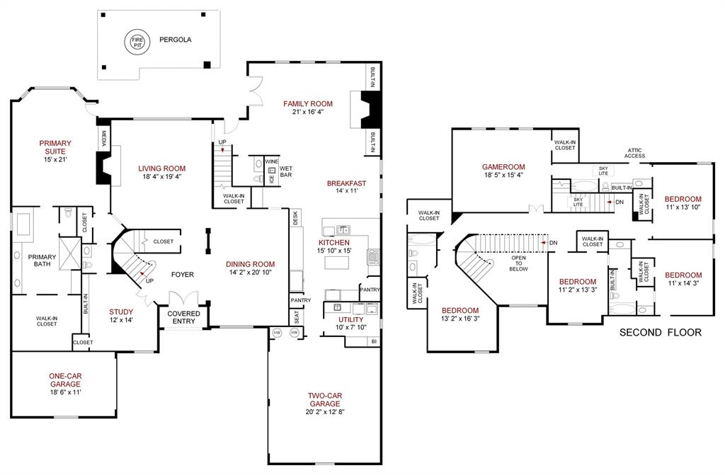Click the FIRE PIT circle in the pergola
pos(135,41)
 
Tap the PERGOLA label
pos(175,40)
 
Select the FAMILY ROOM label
pos(308,104)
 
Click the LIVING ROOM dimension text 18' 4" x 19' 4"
pos(162,177)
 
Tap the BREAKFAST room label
pos(346,183)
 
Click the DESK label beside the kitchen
pos(295,219)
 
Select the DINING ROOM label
pos(251,264)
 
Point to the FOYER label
pos(182,275)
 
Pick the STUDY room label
pos(121,311)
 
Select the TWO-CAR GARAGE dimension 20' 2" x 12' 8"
pos(325,412)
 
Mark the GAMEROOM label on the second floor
pos(503,166)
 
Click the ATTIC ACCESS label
pos(634,154)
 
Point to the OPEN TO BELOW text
pos(520,263)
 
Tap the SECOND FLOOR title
pos(661,332)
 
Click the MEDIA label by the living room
pos(103,137)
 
